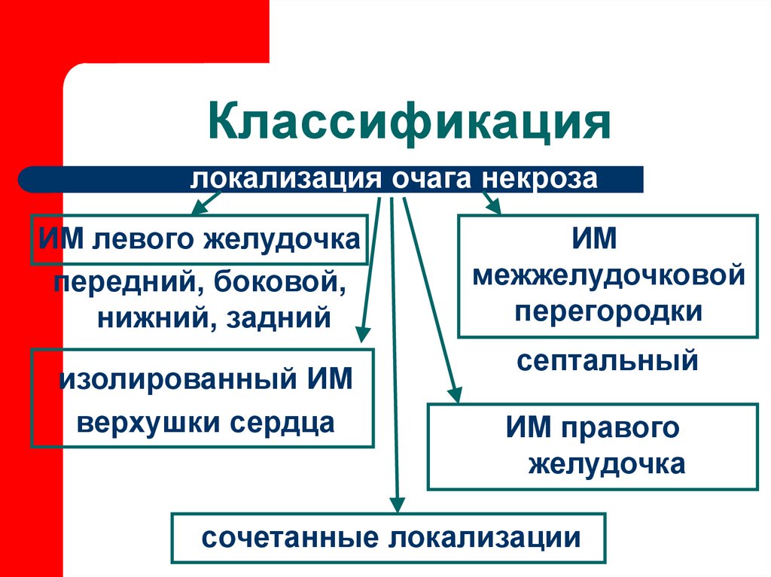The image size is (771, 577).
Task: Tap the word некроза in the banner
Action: [x=541, y=181]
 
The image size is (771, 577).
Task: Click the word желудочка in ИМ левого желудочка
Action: [x=299, y=241]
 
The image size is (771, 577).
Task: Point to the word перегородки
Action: [x=608, y=310]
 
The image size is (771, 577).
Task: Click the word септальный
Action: [x=608, y=360]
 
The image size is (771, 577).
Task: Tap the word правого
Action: [x=621, y=427]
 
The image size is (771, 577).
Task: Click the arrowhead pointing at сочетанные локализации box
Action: [x=396, y=506]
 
